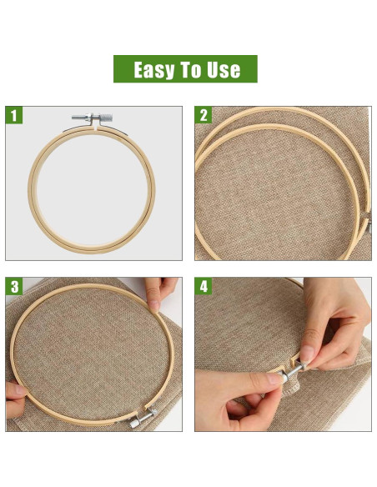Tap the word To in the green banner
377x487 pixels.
tap(193, 70)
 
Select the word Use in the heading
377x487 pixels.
tap(224, 70)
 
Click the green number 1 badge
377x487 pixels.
tap(14, 115)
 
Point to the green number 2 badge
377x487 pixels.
tap(204, 115)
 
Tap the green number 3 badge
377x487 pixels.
tap(14, 287)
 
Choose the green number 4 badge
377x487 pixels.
tap(204, 287)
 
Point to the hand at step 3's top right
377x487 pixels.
tap(163, 294)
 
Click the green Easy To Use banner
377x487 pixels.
tap(185, 69)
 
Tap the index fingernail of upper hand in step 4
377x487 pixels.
tap(306, 354)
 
